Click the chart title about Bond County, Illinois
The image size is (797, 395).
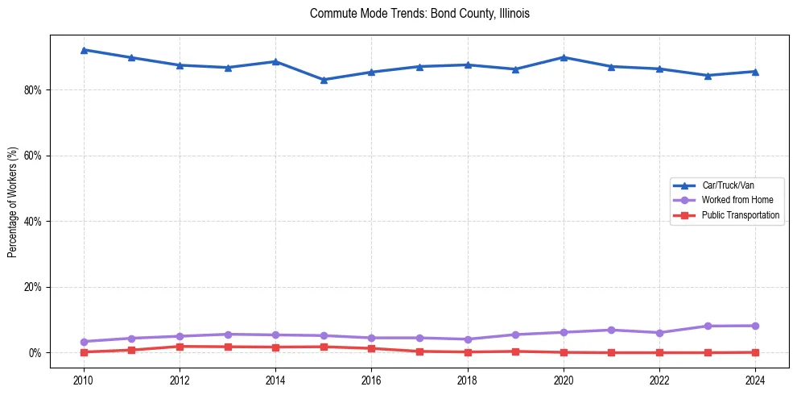pos(419,14)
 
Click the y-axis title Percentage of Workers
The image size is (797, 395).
pos(12,202)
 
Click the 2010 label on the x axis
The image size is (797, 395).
pos(84,379)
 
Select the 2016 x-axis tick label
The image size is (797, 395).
pos(371,379)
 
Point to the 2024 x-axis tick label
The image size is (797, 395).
pos(755,379)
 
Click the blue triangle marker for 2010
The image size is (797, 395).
pos(84,50)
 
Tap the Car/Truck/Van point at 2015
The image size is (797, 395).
pos(324,80)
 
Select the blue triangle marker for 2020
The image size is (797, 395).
pos(564,57)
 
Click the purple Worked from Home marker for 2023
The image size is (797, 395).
pos(708,326)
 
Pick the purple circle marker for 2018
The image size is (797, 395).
pos(468,339)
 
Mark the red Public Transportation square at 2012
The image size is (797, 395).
pos(180,347)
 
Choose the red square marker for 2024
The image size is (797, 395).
pos(755,352)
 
